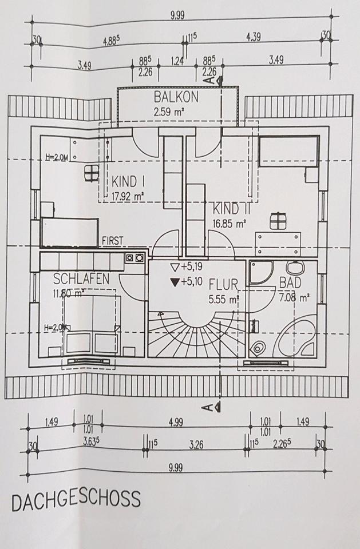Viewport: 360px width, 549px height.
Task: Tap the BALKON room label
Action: coord(176,97)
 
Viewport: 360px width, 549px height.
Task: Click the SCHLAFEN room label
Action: coord(81,279)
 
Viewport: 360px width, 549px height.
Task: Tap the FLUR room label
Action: coord(223,284)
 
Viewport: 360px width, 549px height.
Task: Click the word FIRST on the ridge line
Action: coord(113,241)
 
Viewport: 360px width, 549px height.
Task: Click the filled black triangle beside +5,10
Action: coord(175,282)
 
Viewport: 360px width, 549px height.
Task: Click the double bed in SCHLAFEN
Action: coord(92,327)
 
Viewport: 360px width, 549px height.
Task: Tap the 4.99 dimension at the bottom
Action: coord(176,422)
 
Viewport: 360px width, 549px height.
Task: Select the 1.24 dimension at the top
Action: coord(177,61)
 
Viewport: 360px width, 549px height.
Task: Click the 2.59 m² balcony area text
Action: coord(169,113)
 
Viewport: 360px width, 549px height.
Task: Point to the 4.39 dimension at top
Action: coord(254,37)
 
